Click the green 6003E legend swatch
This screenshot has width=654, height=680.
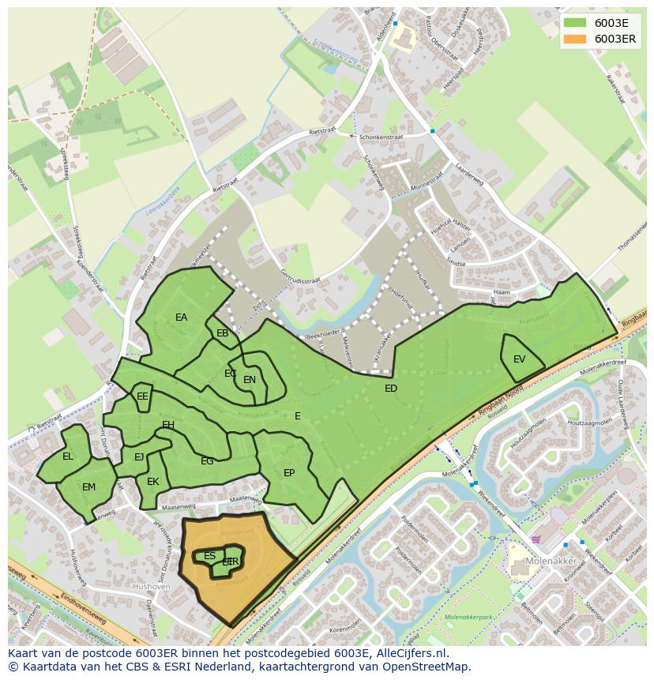tap(575, 23)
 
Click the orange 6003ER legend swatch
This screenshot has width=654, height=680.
tap(575, 39)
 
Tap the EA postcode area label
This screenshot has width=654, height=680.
tap(181, 317)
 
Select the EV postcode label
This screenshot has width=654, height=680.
tap(519, 359)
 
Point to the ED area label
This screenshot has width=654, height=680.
tap(391, 389)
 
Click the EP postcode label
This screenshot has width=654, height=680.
tap(289, 473)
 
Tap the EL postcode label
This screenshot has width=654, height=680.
tap(68, 456)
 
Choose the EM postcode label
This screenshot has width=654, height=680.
tap(88, 487)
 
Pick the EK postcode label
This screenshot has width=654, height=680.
tap(153, 482)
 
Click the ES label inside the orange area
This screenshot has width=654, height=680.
tap(209, 556)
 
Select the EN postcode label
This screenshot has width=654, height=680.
tap(250, 380)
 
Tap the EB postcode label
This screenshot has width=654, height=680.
tap(222, 333)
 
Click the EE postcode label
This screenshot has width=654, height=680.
tap(142, 396)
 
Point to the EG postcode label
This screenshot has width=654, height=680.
tap(207, 461)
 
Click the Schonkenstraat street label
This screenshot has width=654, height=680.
tap(381, 137)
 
